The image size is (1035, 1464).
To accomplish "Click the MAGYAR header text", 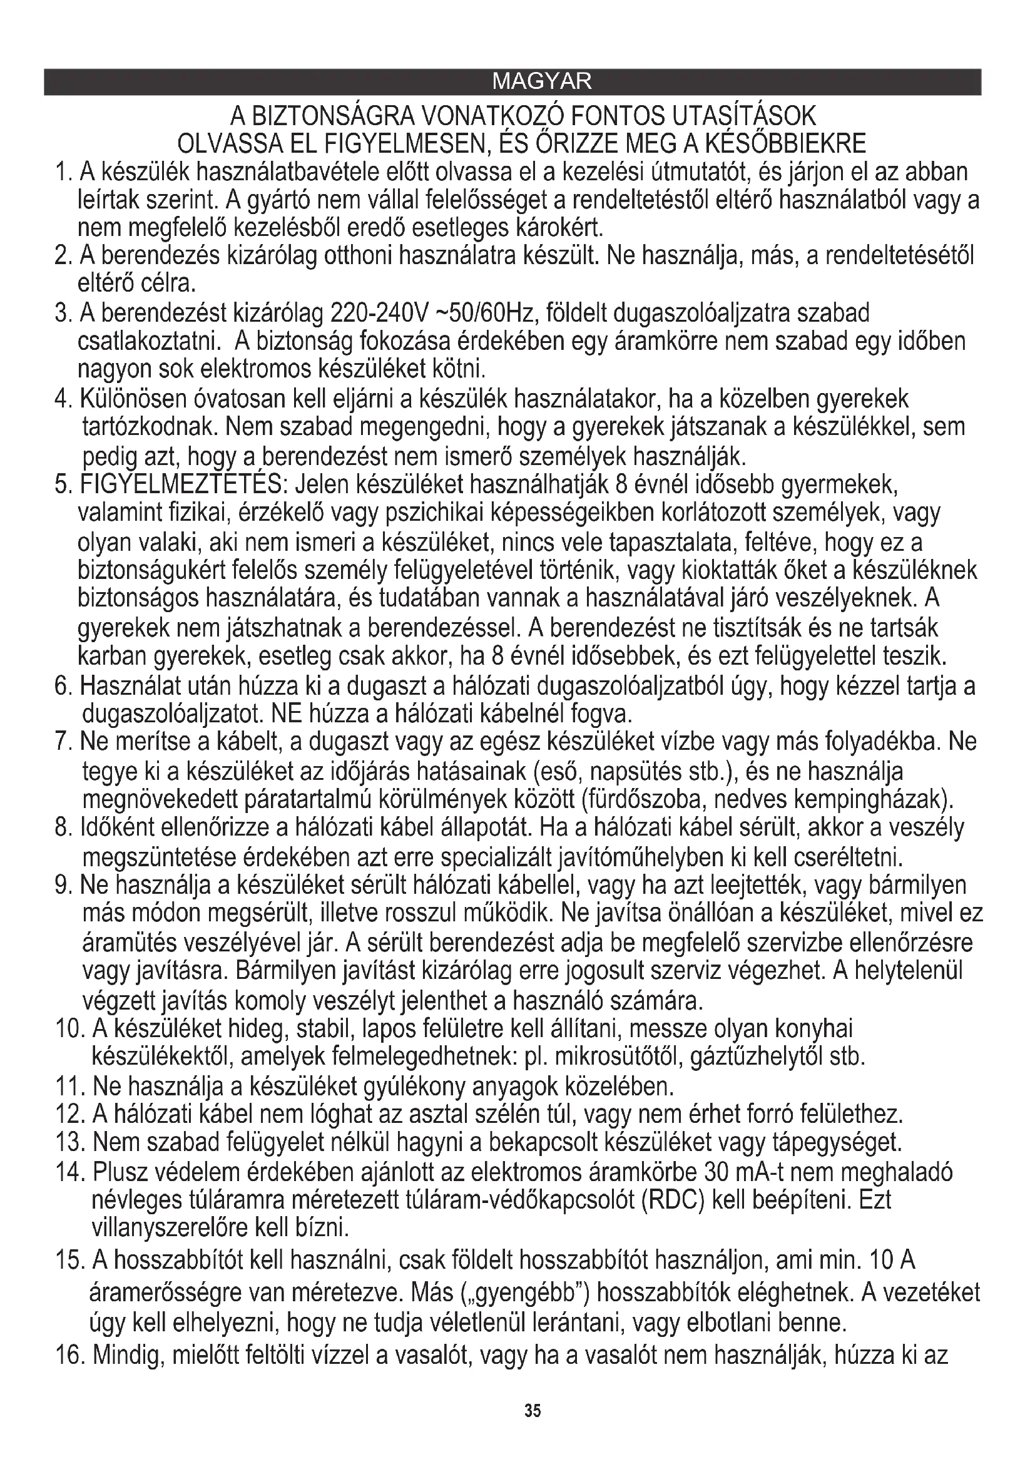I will [x=542, y=81].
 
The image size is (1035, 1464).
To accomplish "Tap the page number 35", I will [x=533, y=1410].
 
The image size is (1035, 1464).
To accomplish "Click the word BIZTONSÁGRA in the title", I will [x=332, y=116].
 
